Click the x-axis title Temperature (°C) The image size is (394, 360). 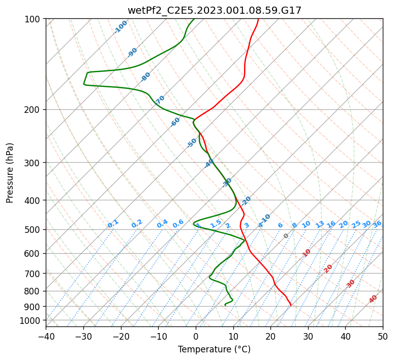coord(214,349)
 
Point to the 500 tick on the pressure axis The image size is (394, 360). coord(34,229)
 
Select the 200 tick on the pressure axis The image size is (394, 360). coord(34,109)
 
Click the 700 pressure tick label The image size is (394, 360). coord(34,274)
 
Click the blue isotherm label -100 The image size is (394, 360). coord(120,27)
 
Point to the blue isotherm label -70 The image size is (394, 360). coord(160,100)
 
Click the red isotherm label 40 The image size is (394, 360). coord(373,299)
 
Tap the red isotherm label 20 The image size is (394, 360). coord(328,268)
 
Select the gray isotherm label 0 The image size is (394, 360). coord(286,236)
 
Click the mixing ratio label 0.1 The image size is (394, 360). coord(113,223)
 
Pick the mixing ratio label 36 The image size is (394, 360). coord(377,224)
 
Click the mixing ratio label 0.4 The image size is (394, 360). coord(162,224)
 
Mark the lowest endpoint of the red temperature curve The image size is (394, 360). coord(291,305)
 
